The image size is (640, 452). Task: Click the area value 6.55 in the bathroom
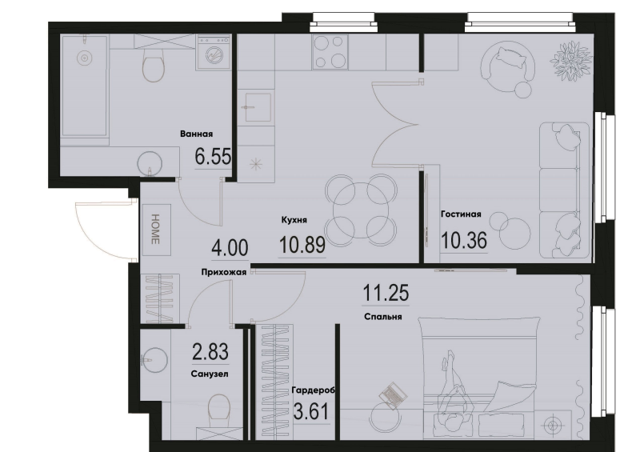[213, 156]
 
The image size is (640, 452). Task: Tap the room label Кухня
[294, 220]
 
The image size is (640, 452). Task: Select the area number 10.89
[302, 245]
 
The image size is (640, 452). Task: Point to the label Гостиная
[461, 214]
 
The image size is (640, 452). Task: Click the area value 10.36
[464, 240]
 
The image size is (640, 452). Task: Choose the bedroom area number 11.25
[386, 292]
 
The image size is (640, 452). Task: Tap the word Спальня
[383, 317]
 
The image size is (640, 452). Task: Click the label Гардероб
[313, 390]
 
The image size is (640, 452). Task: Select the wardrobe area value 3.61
[311, 411]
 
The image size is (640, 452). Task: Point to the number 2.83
[210, 352]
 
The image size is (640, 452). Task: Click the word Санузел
[210, 374]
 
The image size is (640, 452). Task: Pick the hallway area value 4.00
[230, 248]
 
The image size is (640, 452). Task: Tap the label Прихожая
[224, 272]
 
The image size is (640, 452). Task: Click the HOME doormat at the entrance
[155, 230]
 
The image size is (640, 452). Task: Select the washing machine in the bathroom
[212, 52]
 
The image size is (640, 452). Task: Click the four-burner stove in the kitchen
[330, 51]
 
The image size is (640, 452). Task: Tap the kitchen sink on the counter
[258, 107]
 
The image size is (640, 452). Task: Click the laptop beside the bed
[393, 395]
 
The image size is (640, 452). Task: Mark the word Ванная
[196, 134]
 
